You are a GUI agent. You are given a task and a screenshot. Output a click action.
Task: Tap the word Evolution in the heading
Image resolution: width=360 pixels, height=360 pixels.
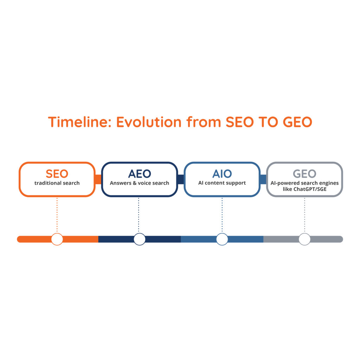click(x=149, y=122)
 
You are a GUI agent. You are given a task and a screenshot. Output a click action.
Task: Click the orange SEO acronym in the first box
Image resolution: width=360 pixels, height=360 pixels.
click(x=57, y=174)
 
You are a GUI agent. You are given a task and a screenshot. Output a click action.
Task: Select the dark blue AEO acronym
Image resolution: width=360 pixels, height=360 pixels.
click(x=140, y=174)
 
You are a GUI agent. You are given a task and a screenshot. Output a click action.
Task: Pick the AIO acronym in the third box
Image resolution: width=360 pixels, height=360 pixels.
click(x=222, y=174)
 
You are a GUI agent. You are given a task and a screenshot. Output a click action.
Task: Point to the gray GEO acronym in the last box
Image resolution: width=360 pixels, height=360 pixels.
click(x=304, y=174)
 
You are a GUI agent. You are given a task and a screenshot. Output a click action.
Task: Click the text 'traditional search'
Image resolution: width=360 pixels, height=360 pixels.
click(x=57, y=183)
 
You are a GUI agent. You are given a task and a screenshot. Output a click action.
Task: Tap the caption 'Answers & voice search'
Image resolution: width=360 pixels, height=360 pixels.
click(x=139, y=183)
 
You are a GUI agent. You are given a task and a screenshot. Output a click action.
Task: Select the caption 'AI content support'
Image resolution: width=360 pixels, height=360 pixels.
click(x=222, y=183)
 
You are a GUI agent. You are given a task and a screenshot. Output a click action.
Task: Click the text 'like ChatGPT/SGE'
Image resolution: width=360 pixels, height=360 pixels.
click(x=304, y=189)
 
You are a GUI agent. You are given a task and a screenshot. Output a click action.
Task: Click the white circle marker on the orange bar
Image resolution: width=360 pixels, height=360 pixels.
click(x=57, y=239)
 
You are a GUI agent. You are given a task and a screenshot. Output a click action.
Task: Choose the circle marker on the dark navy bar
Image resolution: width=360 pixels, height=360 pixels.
click(x=139, y=239)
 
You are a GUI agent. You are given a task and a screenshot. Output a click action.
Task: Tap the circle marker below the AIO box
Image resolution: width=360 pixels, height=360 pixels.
click(x=222, y=239)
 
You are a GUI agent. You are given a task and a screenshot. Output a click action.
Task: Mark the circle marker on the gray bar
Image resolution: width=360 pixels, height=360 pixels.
click(x=304, y=239)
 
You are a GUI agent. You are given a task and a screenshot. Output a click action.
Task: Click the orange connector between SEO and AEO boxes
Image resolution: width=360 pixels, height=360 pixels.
click(x=98, y=179)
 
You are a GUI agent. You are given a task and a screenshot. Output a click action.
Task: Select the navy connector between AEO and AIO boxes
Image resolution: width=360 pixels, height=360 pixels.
click(x=181, y=179)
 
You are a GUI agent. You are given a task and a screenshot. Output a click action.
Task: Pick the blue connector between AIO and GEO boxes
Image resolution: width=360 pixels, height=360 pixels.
click(x=263, y=179)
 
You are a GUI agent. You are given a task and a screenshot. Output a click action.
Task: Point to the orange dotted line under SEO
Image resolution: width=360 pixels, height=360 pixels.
click(x=57, y=215)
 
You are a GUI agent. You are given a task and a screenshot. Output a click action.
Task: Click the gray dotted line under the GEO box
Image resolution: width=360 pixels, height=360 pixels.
click(x=304, y=215)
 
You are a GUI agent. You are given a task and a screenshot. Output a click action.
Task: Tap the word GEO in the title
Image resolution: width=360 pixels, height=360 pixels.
click(x=297, y=122)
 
